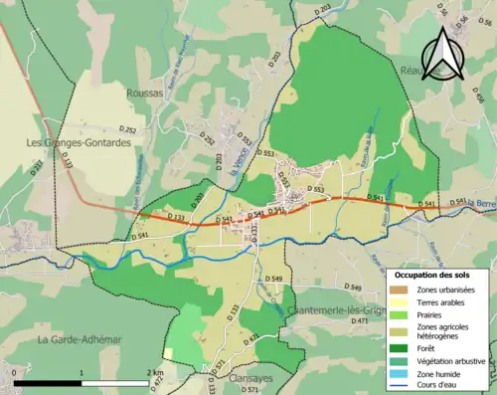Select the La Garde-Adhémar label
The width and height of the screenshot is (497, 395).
point(79,339)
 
